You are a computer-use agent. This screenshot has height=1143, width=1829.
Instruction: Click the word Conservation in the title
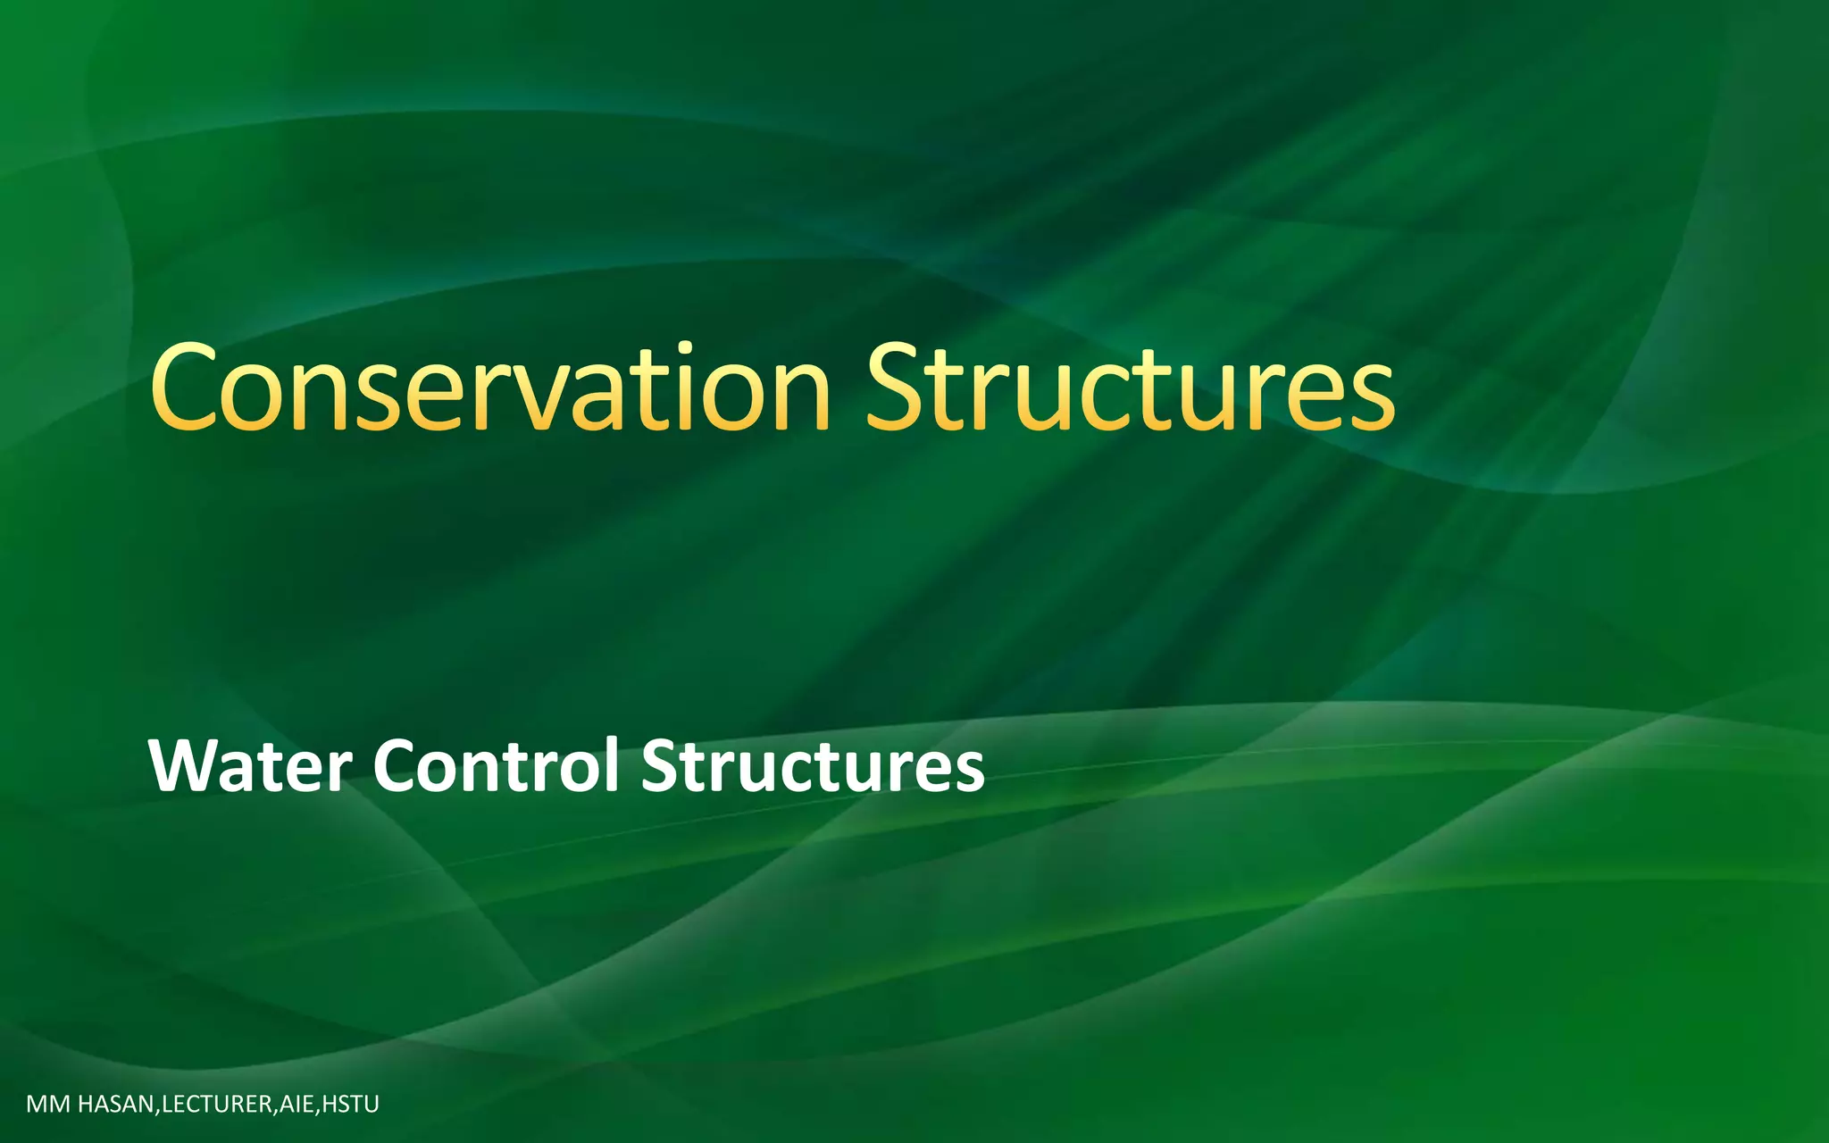[491, 388]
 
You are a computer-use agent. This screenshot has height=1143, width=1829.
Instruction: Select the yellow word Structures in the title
[1130, 388]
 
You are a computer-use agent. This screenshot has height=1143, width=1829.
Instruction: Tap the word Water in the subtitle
[250, 766]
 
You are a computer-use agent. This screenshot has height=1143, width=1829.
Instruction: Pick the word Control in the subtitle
[496, 766]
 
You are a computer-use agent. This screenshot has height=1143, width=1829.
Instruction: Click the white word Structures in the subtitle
[813, 766]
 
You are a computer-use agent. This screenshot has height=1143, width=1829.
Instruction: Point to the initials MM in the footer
[48, 1105]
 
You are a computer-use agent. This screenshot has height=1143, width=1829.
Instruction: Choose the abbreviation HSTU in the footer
[350, 1105]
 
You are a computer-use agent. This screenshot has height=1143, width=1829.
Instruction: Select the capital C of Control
[399, 766]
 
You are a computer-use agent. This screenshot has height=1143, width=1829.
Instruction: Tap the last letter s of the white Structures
[968, 773]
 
